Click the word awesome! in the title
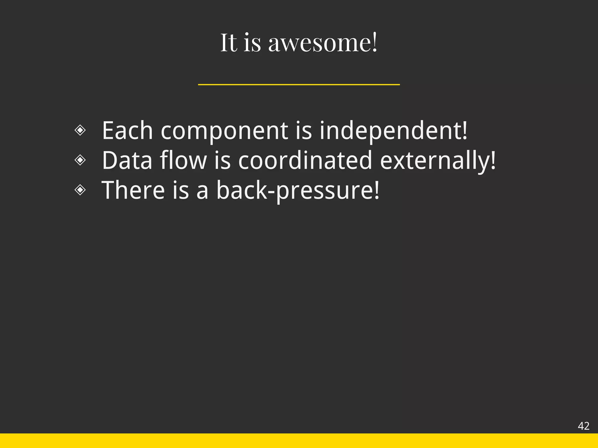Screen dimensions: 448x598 (323, 43)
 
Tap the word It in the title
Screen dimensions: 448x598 (229, 43)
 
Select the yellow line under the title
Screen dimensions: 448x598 (299, 85)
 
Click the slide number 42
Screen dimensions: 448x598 (583, 426)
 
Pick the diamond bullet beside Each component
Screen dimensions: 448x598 (80, 130)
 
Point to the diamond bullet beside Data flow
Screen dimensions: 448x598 (80, 160)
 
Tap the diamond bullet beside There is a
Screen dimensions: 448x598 (80, 190)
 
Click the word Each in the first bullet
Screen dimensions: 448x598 (127, 131)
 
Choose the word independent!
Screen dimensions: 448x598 (393, 131)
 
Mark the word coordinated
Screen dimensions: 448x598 (305, 160)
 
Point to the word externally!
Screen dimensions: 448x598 (438, 161)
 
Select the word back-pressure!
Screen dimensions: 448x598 (298, 191)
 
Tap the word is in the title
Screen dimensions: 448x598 (252, 43)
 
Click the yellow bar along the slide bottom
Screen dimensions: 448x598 (299, 441)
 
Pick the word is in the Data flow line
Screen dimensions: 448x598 (222, 160)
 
